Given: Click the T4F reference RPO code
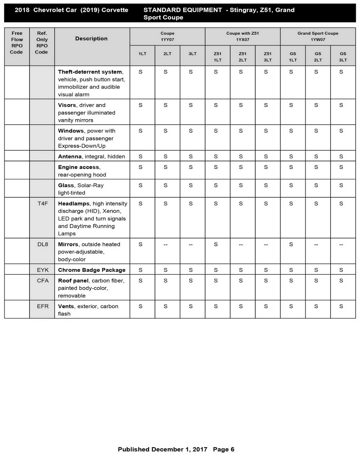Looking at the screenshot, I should (43, 204).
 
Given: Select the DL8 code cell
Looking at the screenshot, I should (43, 244).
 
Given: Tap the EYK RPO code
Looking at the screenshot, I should (43, 270).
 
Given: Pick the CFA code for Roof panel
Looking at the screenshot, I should (43, 281).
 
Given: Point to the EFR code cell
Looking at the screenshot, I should (43, 306).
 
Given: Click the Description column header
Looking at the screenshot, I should (91, 39).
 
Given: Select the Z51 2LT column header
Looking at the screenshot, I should (242, 57).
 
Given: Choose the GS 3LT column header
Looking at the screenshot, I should (343, 57).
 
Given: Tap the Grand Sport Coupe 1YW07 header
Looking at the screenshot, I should (318, 36).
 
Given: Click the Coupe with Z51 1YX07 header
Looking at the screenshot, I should (242, 36).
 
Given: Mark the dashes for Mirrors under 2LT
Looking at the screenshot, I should (166, 245).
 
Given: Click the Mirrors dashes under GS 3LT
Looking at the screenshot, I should (341, 245).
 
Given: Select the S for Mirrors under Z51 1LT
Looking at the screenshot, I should (216, 244).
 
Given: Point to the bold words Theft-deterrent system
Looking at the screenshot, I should (90, 72).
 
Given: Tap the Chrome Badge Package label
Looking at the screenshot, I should (91, 270).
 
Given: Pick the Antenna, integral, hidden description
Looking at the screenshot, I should (91, 156).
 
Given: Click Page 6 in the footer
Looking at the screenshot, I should (224, 449).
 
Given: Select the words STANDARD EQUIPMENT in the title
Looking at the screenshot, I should (182, 10).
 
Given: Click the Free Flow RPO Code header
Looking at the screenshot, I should (17, 43).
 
